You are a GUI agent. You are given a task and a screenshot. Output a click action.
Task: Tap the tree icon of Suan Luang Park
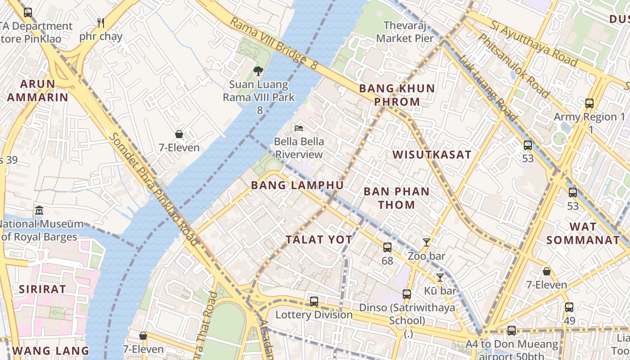[x=258, y=71]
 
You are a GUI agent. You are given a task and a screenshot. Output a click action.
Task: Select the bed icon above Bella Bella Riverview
[x=299, y=128]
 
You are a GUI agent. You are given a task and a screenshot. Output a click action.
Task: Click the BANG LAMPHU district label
[x=297, y=185]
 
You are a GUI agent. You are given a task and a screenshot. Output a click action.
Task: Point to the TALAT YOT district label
[x=319, y=239]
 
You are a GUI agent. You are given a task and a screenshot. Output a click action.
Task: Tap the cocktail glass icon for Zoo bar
[x=426, y=243]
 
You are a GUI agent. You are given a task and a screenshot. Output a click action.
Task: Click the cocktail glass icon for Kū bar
[x=440, y=278]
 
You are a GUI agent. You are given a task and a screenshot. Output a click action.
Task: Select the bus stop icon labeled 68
[x=387, y=247]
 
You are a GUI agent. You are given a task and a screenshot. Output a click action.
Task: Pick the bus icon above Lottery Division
[x=314, y=301]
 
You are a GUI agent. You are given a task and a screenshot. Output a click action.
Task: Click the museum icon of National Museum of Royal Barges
[x=39, y=210]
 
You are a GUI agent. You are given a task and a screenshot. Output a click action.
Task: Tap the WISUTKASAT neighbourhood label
[x=432, y=155]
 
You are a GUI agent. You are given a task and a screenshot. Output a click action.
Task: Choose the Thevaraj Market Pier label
[x=405, y=32]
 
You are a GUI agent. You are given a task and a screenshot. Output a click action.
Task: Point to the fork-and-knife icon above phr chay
[x=101, y=22]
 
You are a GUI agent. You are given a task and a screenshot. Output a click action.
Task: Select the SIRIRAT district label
[x=42, y=289]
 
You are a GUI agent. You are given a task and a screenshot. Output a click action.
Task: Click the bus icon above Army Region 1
[x=589, y=103]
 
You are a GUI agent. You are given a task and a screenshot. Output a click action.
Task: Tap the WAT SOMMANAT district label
[x=583, y=233]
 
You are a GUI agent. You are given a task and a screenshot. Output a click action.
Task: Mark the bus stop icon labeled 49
[x=569, y=307]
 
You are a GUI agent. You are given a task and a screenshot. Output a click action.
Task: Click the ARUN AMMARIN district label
[x=37, y=90]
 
